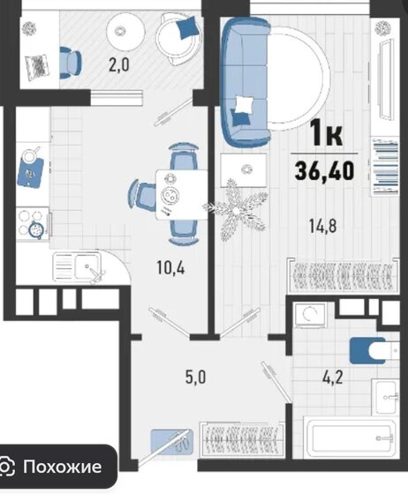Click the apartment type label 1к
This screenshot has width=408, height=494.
[329, 135]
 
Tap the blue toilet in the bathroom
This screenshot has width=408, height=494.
[366, 351]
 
